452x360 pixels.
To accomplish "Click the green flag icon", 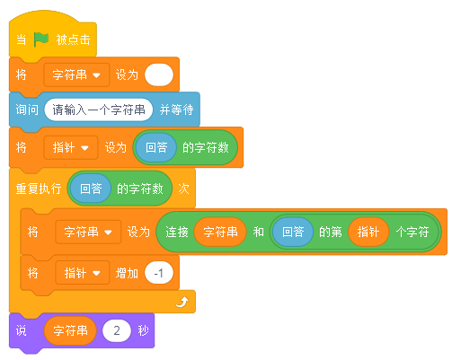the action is pos(41,40).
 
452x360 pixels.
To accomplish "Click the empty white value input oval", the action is pos(159,75).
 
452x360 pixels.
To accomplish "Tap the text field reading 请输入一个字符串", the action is pos(99,110).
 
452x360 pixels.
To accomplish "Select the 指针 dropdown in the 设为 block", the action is pos(71,147).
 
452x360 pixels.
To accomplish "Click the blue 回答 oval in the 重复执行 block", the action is pos(91,189).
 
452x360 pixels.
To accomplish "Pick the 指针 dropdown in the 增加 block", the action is pos(83,273).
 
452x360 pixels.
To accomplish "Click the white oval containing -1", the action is pos(159,273).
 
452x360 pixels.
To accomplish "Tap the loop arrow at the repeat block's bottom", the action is pos(182,302).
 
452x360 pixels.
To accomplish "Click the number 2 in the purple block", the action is pos(117,330).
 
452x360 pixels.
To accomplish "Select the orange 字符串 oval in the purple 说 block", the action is pos(70,330).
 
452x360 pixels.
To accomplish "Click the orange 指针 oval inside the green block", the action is pos(368,232).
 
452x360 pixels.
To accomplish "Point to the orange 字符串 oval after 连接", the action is pos(220,232).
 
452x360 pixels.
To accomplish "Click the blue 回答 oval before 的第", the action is pos(293,232).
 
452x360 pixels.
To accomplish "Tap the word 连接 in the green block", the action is pos(177,232).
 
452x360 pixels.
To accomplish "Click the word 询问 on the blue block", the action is pos(27,110).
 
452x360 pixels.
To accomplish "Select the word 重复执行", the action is pos(39,189).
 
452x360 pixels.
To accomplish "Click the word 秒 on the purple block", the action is pos(143,330).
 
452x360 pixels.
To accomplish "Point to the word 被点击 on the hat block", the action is pos(74,40).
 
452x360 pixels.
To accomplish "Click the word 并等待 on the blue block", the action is pos(176,110).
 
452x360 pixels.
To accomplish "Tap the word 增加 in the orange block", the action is pos(127,273).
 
